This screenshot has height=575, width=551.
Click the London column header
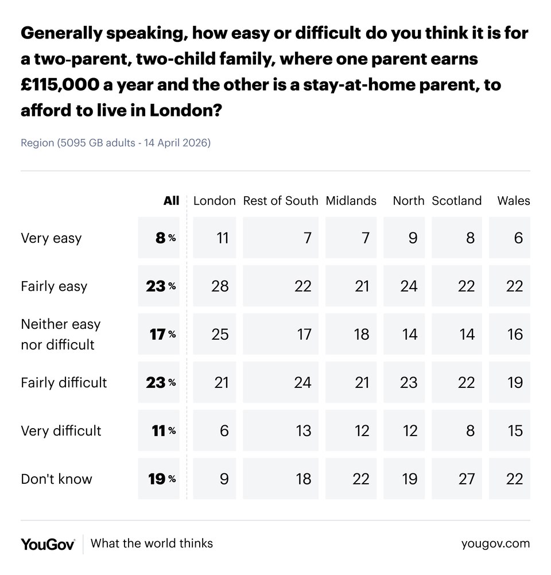214,201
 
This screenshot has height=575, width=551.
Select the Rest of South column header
280,201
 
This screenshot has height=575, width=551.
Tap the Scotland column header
456,201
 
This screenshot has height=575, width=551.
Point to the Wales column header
513,201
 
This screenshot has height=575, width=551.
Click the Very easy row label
51,238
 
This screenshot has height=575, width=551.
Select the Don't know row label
56,479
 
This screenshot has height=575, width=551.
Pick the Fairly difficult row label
64,382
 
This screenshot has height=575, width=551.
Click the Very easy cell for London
214,238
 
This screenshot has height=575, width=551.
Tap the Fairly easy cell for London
214,286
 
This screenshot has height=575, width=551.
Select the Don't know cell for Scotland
457,479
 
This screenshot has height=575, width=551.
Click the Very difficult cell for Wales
510,430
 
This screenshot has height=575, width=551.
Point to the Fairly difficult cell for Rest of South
280,382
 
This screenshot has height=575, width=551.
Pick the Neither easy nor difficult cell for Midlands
351,334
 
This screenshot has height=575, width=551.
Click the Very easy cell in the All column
158,238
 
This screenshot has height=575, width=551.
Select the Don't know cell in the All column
158,479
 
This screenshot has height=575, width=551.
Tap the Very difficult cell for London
214,430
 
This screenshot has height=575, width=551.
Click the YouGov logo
48,544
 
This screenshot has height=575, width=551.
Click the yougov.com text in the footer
495,543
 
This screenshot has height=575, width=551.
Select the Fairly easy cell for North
408,286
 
